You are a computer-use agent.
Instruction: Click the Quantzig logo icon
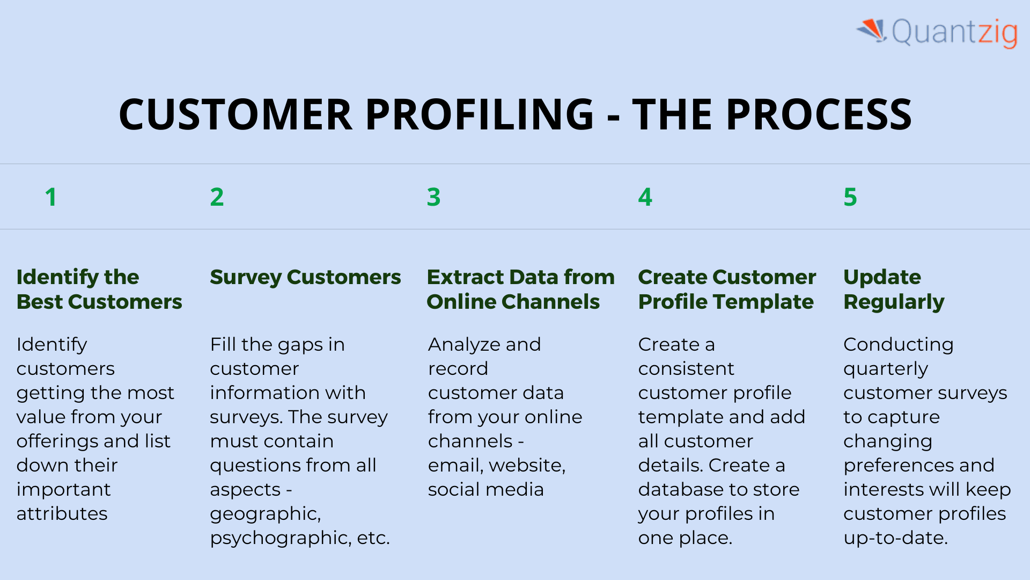click(x=872, y=30)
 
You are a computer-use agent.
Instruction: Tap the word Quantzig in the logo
click(x=954, y=32)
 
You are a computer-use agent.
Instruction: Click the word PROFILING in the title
click(x=479, y=114)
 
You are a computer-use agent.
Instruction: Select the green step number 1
click(x=51, y=197)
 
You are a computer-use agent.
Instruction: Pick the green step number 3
click(x=433, y=197)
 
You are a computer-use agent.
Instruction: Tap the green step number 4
click(x=645, y=197)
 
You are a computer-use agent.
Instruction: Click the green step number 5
click(x=850, y=197)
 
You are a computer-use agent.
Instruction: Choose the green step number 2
click(x=217, y=197)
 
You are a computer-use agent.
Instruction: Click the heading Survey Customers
click(x=305, y=277)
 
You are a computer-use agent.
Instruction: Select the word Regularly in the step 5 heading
click(x=894, y=302)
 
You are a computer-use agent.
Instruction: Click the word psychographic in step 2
click(x=278, y=538)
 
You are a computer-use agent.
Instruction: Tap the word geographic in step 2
click(x=265, y=514)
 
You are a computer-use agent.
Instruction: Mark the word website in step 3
click(x=527, y=465)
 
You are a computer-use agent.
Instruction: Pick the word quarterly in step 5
click(x=885, y=369)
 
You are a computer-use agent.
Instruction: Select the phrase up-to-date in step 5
click(x=895, y=538)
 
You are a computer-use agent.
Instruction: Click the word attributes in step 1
click(x=62, y=513)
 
